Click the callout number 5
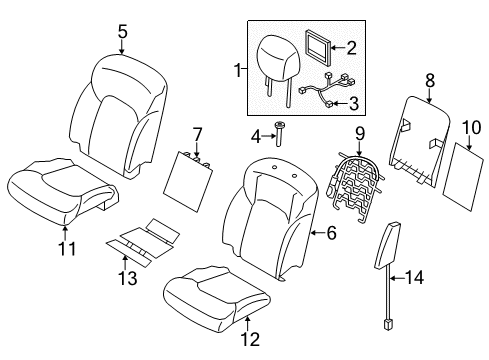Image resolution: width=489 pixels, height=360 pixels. tap(122, 31)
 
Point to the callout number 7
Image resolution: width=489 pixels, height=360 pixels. tap(197, 133)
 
